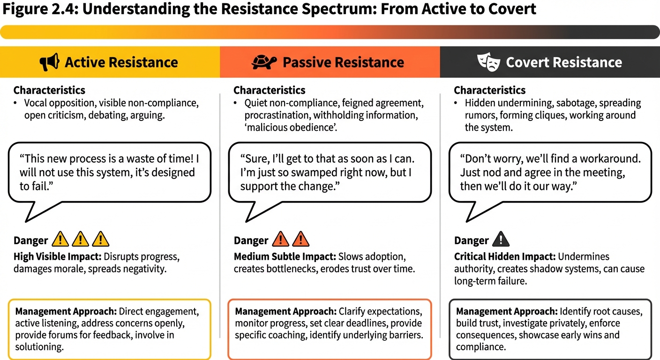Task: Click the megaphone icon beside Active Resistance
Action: click(x=49, y=62)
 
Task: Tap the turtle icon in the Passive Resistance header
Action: click(x=264, y=62)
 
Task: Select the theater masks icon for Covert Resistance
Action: click(x=488, y=62)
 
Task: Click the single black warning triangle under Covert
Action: click(x=501, y=240)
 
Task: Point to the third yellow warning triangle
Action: click(x=101, y=240)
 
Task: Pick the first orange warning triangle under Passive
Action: click(x=280, y=240)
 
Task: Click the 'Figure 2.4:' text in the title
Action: click(x=41, y=9)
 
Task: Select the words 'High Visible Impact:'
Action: click(x=57, y=257)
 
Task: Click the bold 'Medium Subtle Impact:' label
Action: click(x=285, y=257)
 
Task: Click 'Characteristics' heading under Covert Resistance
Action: click(x=490, y=90)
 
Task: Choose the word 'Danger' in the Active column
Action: click(x=30, y=241)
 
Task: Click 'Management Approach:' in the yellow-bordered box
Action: click(x=66, y=311)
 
